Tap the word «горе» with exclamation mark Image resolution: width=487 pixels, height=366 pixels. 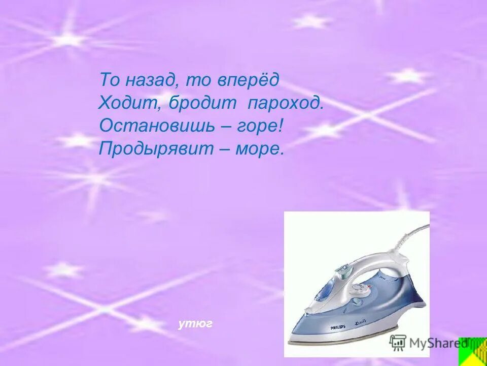[x=259, y=127]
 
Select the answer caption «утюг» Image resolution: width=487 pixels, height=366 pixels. [x=195, y=323]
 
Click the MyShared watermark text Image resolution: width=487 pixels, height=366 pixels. [x=436, y=343]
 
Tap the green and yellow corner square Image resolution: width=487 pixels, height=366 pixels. [x=472, y=351]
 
